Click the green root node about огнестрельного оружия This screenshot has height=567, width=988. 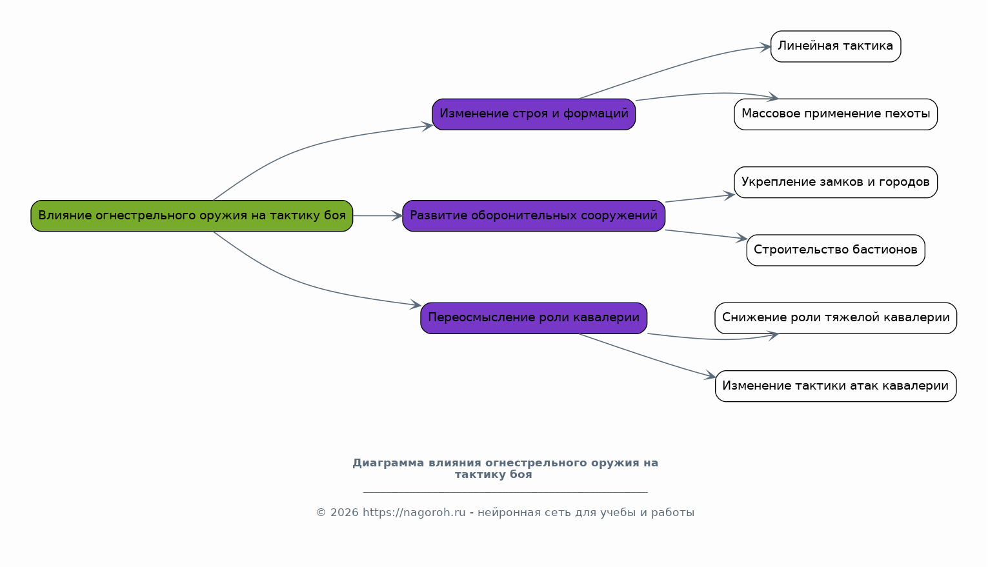(192, 216)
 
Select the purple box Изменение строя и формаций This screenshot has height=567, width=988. (534, 114)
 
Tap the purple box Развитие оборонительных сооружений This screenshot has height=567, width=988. (534, 216)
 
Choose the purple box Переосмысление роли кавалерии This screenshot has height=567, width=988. (534, 318)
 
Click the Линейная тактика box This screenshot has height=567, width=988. (836, 46)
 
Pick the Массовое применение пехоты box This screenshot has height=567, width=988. (836, 114)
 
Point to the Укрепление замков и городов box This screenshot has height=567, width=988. (836, 182)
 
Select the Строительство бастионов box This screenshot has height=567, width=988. (836, 250)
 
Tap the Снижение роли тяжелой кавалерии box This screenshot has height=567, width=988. (836, 318)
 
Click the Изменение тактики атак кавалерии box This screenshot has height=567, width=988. (836, 386)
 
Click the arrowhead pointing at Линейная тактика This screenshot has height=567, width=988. (765, 47)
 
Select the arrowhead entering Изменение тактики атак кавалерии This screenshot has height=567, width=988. (710, 375)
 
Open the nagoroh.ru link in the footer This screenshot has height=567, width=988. (414, 512)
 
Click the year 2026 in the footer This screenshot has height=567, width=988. (345, 512)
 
